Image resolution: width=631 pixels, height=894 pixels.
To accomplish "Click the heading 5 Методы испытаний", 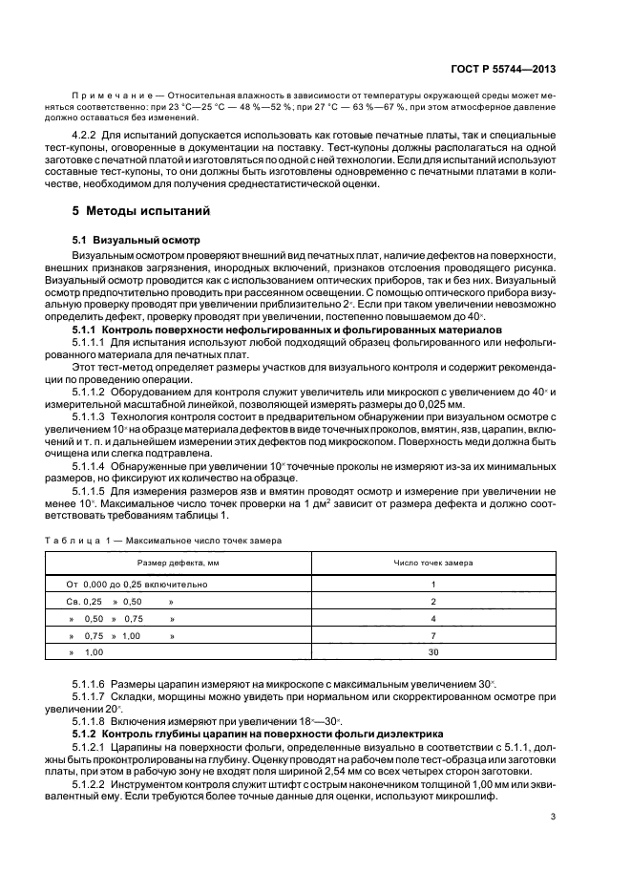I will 130,210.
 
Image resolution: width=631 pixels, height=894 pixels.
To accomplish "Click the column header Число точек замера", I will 432,564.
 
